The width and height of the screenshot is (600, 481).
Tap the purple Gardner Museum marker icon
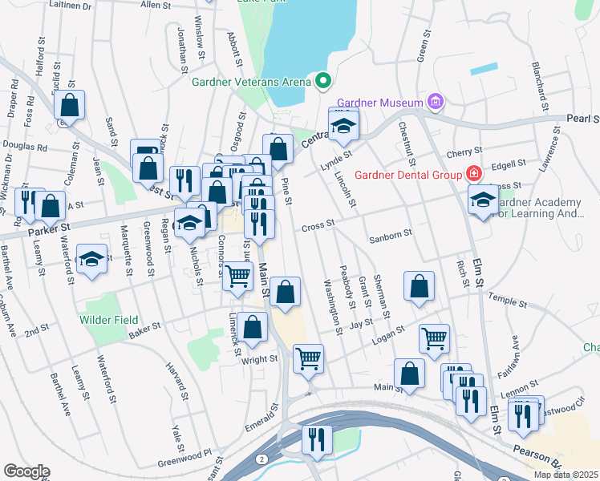(x=436, y=102)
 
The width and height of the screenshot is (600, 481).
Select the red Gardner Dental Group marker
(x=474, y=174)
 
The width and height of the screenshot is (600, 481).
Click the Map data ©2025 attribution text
(x=566, y=475)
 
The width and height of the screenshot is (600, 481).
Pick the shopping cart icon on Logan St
(x=434, y=338)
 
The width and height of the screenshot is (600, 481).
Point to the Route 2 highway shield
(x=261, y=458)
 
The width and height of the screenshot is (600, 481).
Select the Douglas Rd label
(x=25, y=148)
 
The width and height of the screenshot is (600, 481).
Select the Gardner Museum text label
(x=379, y=103)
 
